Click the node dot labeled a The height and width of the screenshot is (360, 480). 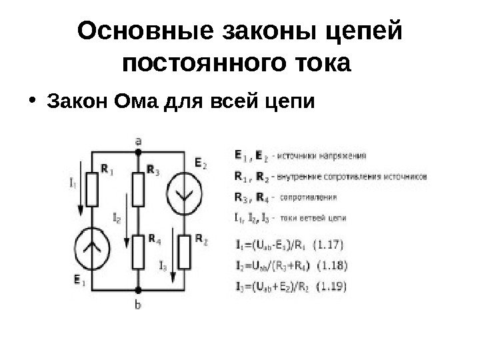click(138, 152)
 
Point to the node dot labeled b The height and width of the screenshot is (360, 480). click(138, 291)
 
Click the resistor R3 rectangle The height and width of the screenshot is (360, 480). click(138, 190)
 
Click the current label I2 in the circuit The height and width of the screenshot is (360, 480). click(117, 217)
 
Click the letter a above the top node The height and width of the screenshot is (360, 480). click(138, 141)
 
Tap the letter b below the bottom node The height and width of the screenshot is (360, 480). click(138, 305)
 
